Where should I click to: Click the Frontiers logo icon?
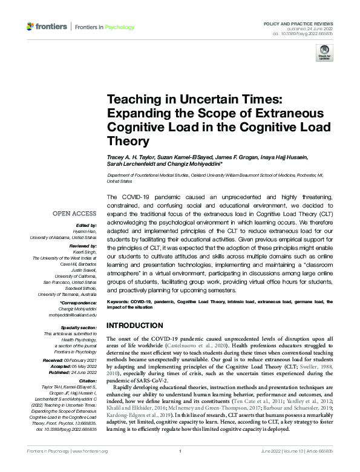[x=30, y=27]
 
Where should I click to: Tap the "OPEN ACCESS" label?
[x=74, y=214]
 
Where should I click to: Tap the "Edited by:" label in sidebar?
[x=85, y=226]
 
